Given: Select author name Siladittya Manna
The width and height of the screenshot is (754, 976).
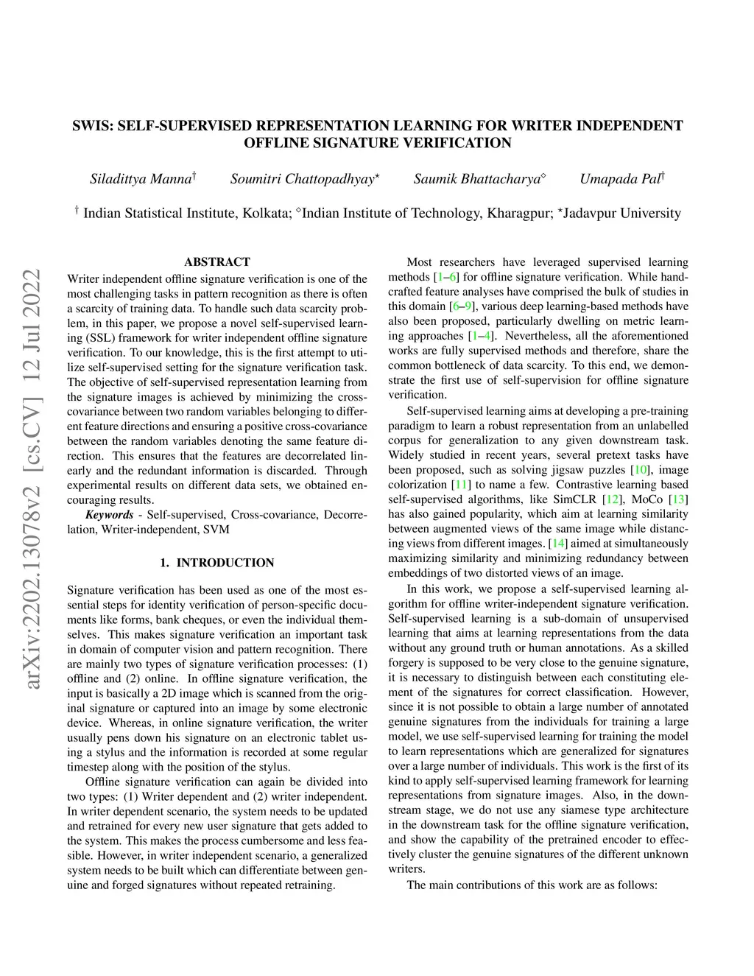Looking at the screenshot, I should point(141,179).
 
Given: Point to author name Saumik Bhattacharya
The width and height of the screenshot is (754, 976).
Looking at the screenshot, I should point(477,179).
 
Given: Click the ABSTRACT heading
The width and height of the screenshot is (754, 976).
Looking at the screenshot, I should point(217,262).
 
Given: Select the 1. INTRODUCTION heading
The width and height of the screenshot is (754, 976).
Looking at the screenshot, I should point(217,563).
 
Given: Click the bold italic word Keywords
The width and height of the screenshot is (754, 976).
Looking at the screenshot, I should point(109,515).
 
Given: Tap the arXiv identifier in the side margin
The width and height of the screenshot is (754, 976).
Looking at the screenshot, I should point(32,479).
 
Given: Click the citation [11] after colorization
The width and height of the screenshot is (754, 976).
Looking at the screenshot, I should point(461,485).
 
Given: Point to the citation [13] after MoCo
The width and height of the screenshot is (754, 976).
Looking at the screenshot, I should point(678,499).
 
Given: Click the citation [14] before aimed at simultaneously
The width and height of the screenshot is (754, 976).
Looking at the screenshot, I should point(559,544).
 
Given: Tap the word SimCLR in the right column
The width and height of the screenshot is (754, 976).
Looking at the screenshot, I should point(574,499).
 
